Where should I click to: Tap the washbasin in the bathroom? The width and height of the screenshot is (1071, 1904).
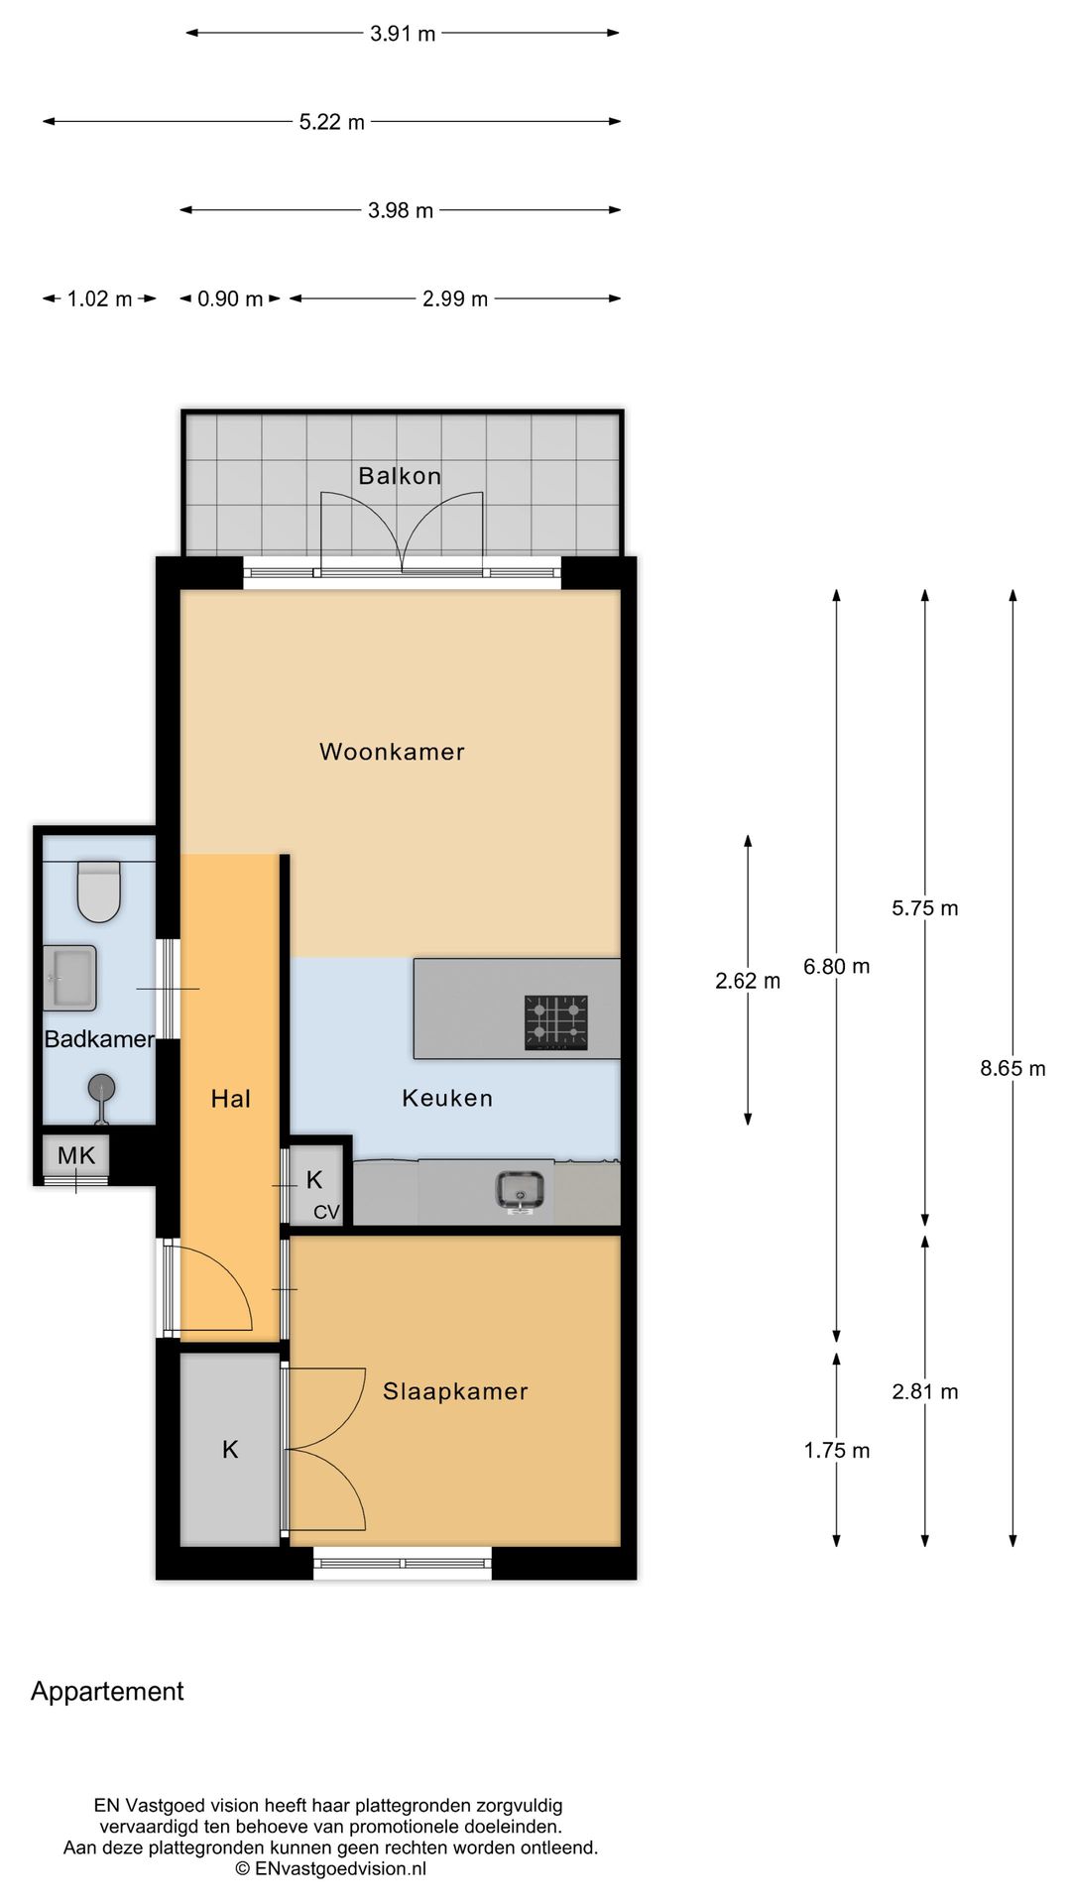coord(70,978)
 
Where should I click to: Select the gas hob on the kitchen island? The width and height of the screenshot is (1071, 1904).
coord(555,1022)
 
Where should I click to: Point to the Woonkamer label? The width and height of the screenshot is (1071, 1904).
coord(392,752)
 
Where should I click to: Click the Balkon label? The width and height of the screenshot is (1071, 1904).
coord(400,476)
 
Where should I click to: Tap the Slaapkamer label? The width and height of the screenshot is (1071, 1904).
coord(455,1391)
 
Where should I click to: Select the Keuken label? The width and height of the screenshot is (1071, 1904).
coord(447,1098)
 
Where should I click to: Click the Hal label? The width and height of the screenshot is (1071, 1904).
coord(230,1098)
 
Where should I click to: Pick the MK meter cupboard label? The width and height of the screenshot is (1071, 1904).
coord(76,1154)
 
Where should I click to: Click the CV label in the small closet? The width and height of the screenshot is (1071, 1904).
coord(326,1212)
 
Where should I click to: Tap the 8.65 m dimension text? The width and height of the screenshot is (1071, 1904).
coord(1012,1068)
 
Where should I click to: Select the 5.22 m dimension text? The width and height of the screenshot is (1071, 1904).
coord(332,122)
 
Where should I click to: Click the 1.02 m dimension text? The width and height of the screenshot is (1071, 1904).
coord(99,298)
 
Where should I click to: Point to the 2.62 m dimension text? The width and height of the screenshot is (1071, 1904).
coord(748,981)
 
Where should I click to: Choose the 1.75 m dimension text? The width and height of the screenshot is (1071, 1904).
coord(836,1450)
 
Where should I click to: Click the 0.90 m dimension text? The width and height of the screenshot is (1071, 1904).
coord(230,298)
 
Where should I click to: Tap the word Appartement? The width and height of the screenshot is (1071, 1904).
coord(107,1691)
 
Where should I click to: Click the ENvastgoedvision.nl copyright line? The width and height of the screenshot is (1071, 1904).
coord(331,1868)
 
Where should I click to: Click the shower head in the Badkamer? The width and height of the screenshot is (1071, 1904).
coord(101,1088)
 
